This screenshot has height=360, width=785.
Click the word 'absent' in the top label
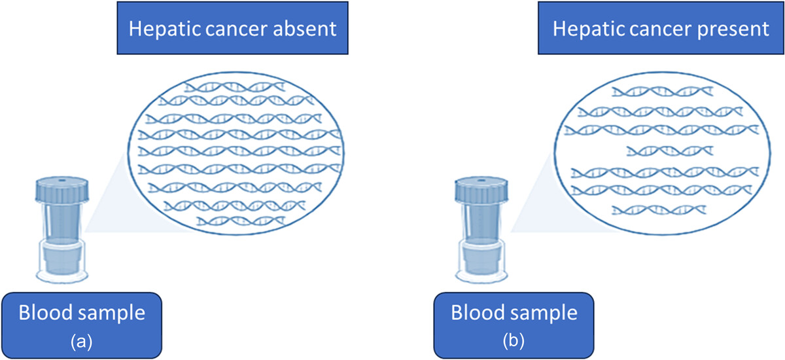pyautogui.click(x=305, y=29)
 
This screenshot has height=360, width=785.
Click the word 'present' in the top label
pyautogui.click(x=733, y=29)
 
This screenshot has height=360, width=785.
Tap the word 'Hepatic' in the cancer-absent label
pyautogui.click(x=164, y=29)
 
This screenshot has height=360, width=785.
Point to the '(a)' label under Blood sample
pyautogui.click(x=82, y=341)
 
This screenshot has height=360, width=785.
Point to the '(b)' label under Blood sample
pyautogui.click(x=514, y=341)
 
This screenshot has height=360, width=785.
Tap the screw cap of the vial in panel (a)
pyautogui.click(x=62, y=190)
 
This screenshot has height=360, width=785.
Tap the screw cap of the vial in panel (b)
pyautogui.click(x=481, y=190)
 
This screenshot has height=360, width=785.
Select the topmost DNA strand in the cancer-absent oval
pyautogui.click(x=235, y=86)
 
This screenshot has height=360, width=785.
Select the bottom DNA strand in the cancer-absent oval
pyautogui.click(x=241, y=221)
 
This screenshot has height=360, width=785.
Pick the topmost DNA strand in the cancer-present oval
pyautogui.click(x=662, y=92)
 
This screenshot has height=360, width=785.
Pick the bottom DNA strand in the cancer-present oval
pyautogui.click(x=659, y=210)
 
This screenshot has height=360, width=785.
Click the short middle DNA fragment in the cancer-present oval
pyautogui.click(x=670, y=151)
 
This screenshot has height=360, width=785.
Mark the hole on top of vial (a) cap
pyautogui.click(x=62, y=181)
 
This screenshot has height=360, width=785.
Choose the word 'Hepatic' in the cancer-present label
pyautogui.click(x=588, y=29)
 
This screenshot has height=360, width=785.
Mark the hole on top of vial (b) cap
pyautogui.click(x=482, y=181)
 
